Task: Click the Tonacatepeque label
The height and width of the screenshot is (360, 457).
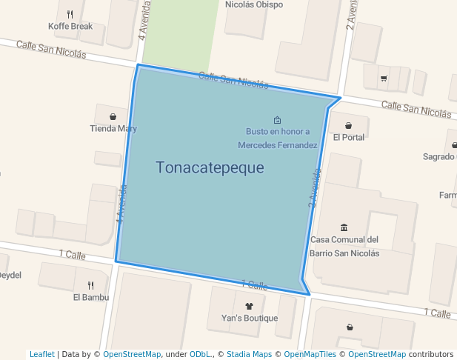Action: click(x=210, y=167)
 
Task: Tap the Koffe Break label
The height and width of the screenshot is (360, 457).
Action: click(x=70, y=26)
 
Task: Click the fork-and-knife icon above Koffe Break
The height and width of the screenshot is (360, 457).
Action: click(x=70, y=13)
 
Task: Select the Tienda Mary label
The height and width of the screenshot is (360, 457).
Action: click(x=113, y=128)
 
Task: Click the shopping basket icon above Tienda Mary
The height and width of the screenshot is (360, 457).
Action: click(x=113, y=116)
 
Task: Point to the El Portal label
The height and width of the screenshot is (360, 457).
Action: click(x=349, y=137)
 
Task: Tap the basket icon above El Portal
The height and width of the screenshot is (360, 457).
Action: click(x=348, y=125)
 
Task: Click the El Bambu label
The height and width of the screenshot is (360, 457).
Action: click(x=91, y=298)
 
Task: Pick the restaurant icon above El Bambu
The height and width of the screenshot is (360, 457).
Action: click(x=90, y=285)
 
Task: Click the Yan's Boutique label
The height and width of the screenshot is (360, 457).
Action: click(x=250, y=319)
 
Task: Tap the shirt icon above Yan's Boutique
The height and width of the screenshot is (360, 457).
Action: click(x=249, y=305)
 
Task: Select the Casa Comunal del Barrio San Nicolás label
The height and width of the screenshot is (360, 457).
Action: click(x=344, y=246)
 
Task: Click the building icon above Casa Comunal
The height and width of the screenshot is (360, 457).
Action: click(x=344, y=227)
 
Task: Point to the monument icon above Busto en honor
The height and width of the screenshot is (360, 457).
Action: click(x=277, y=120)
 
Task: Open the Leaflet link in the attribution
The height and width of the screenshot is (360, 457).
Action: click(x=41, y=354)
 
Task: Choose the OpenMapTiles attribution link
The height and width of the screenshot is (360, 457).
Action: click(x=308, y=354)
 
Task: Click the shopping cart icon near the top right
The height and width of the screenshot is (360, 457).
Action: click(x=383, y=78)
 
